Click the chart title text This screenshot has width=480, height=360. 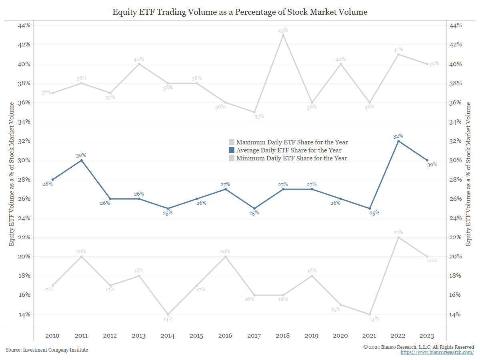(x=240, y=12)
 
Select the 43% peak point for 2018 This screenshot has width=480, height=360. (x=283, y=35)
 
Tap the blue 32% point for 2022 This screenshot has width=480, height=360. (x=398, y=141)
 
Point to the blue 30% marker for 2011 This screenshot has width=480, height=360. (x=82, y=160)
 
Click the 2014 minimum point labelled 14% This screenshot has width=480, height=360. (x=168, y=314)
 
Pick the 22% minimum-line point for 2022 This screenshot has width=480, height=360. (x=398, y=237)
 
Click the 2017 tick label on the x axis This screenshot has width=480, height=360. (x=254, y=336)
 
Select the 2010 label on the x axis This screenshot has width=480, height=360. (x=53, y=336)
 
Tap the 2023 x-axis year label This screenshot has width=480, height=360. (x=427, y=336)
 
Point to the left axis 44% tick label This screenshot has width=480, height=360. (x=24, y=26)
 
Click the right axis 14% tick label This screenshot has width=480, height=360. (x=456, y=314)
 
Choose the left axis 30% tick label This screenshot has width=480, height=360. (x=24, y=160)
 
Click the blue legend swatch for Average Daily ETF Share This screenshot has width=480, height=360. (x=232, y=150)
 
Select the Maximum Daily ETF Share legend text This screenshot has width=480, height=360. (x=292, y=142)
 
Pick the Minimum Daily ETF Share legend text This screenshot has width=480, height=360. (x=292, y=158)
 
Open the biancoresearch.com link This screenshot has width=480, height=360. (x=437, y=352)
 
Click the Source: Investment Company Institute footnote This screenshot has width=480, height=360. (x=47, y=350)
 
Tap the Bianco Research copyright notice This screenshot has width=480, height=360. (x=418, y=347)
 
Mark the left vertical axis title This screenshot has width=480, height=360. (x=12, y=174)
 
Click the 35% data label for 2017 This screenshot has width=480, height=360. (x=259, y=117)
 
